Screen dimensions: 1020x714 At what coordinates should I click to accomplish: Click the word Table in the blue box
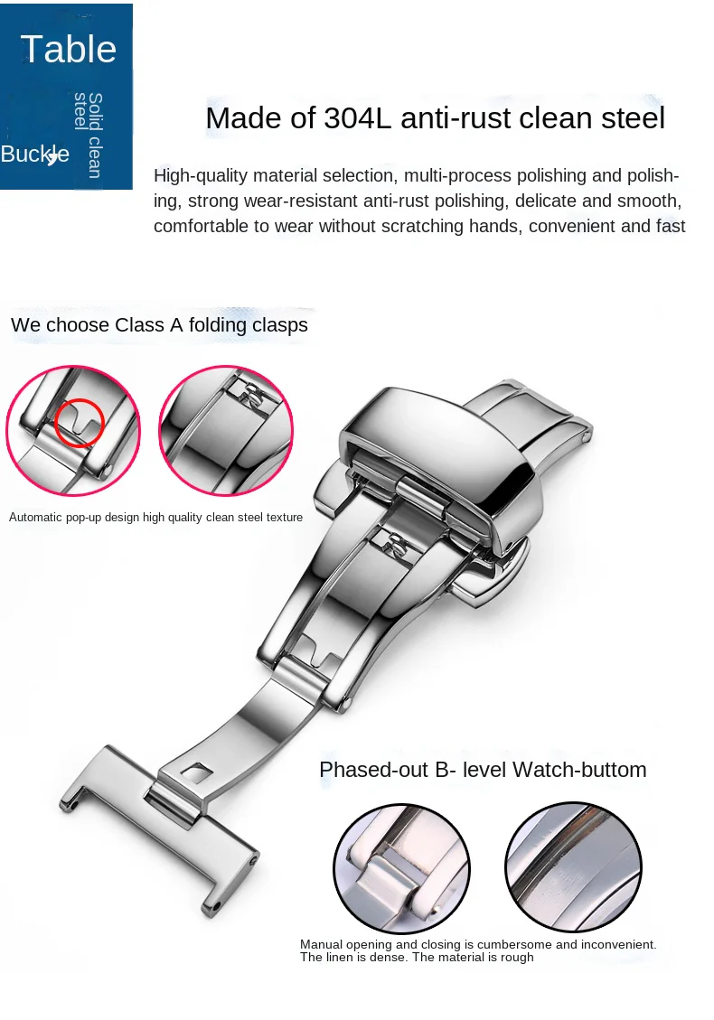pyautogui.click(x=68, y=49)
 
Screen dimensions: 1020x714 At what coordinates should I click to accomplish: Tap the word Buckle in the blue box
pyautogui.click(x=33, y=154)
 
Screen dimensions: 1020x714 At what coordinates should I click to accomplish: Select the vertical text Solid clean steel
pyautogui.click(x=89, y=135)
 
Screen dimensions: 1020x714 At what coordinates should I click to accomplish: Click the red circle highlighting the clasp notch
pyautogui.click(x=80, y=422)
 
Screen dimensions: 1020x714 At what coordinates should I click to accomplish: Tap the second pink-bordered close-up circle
pyautogui.click(x=226, y=432)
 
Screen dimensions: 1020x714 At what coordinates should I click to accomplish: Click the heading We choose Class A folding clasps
pyautogui.click(x=159, y=325)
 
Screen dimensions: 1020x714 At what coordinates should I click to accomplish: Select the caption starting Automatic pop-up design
pyautogui.click(x=155, y=518)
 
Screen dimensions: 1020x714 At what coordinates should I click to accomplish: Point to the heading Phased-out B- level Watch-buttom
pyautogui.click(x=483, y=770)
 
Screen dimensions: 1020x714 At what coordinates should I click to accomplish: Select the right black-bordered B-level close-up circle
pyautogui.click(x=573, y=867)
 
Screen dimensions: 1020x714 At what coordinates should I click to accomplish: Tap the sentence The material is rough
pyautogui.click(x=473, y=957)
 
